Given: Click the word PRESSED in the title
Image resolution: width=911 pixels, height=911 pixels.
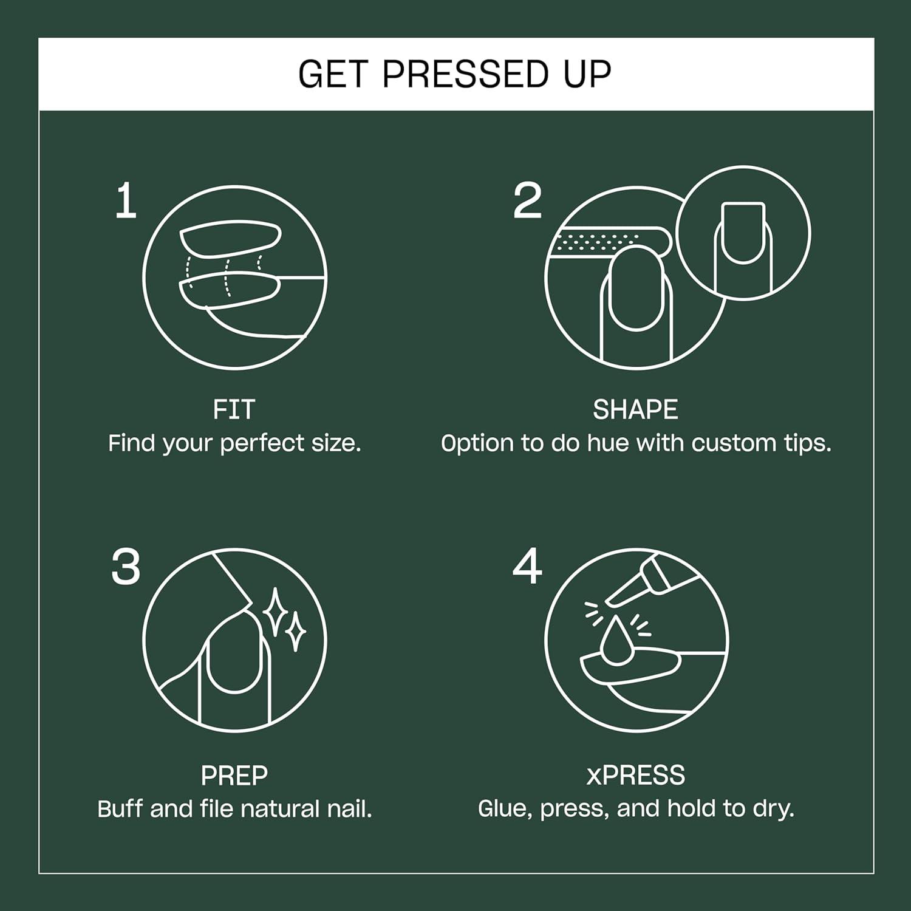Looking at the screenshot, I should click(x=465, y=74).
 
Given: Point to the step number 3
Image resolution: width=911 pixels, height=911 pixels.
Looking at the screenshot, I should click(x=126, y=567).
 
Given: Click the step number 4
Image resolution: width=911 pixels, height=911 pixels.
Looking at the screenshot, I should click(x=527, y=567).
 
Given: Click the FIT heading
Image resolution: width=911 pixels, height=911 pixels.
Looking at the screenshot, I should click(x=234, y=410).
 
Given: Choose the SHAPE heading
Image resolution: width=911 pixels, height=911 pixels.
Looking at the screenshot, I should click(x=635, y=410).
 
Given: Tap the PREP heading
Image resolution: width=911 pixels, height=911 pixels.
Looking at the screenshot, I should click(x=234, y=776).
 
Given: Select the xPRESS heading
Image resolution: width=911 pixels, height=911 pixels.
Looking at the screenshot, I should click(x=635, y=776).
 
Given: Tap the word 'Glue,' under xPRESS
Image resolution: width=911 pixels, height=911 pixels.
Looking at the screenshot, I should click(x=505, y=810).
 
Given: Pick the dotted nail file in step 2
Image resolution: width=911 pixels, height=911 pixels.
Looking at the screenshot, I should click(x=607, y=242).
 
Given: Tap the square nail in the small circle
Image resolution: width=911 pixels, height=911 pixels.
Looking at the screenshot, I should click(x=742, y=232).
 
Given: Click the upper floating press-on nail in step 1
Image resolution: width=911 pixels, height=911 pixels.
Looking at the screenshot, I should click(x=230, y=239).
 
